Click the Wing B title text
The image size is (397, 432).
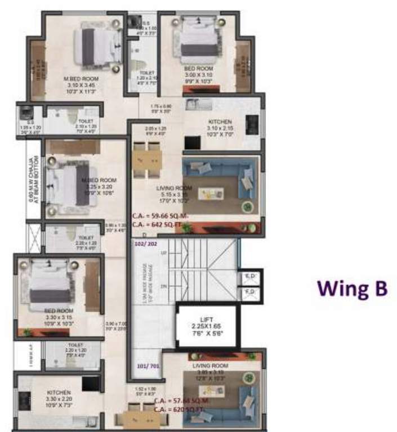(352, 287)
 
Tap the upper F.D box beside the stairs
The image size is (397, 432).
(251, 277)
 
